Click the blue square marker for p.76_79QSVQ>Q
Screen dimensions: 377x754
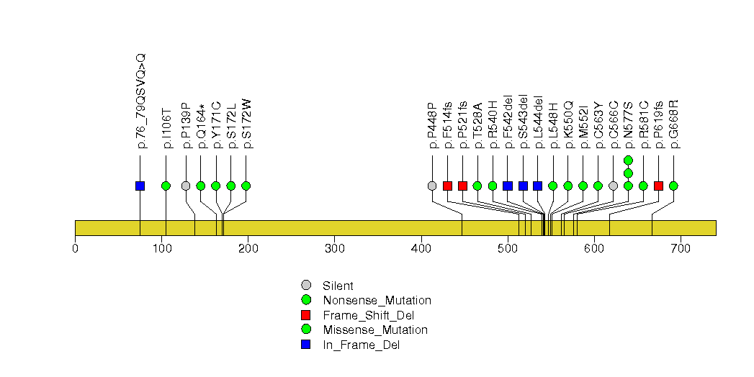tap(140, 186)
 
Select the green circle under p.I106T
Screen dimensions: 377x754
tap(166, 186)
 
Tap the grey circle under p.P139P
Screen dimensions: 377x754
tap(186, 186)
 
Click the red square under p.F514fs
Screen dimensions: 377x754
tap(447, 186)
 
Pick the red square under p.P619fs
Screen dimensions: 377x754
tap(658, 186)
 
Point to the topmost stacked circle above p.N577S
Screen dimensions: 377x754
tap(628, 160)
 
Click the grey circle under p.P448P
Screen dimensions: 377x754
tap(432, 186)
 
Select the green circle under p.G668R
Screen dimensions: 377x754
tap(673, 186)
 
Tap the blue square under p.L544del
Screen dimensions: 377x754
tap(537, 186)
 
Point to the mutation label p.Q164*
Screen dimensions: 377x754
tap(201, 127)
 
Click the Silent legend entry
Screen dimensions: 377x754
tap(338, 286)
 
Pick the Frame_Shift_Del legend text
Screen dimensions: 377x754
tap(368, 315)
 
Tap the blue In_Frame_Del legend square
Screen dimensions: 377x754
tap(306, 345)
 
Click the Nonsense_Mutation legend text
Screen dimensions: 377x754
tap(377, 300)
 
